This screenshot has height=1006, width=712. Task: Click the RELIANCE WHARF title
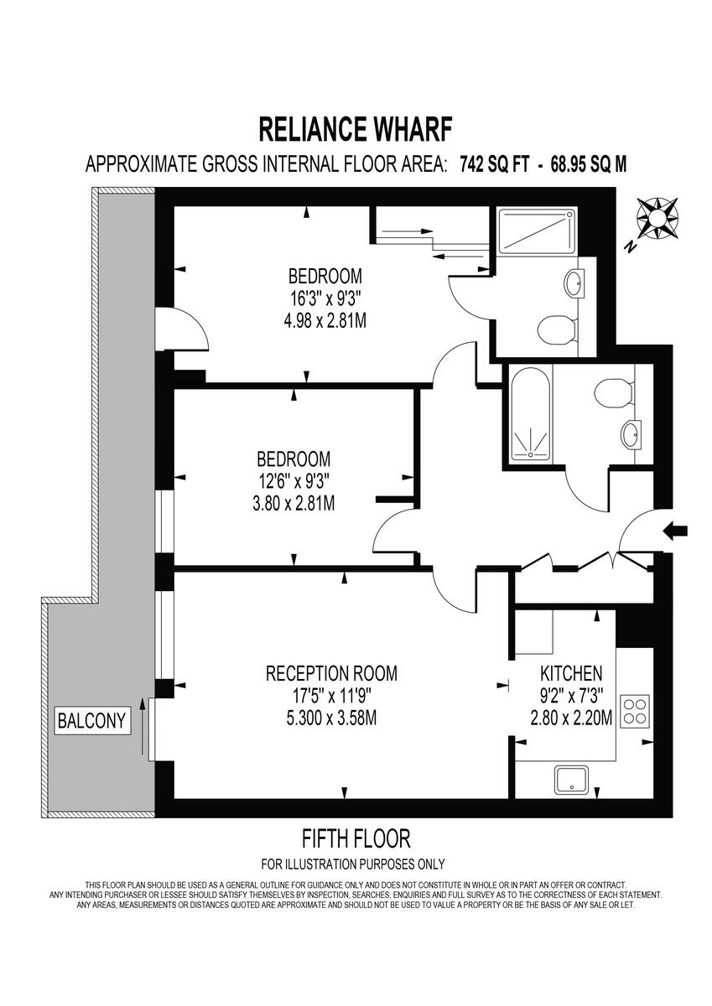[x=356, y=130]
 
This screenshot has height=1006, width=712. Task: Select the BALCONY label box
[x=92, y=720]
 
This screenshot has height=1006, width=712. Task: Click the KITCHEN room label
[x=571, y=673]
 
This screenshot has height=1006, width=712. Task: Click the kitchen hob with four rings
[x=635, y=712]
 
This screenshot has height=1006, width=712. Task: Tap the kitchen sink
[x=574, y=780]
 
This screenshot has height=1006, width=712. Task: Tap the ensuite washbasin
[x=576, y=283]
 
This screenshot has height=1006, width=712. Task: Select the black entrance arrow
[x=675, y=530]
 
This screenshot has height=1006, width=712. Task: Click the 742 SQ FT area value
[x=494, y=164]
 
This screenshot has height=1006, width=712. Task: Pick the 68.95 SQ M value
[x=588, y=164]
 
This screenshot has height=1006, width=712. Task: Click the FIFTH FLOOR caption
[x=356, y=837]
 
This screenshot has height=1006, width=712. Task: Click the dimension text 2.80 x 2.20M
[x=571, y=718]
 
